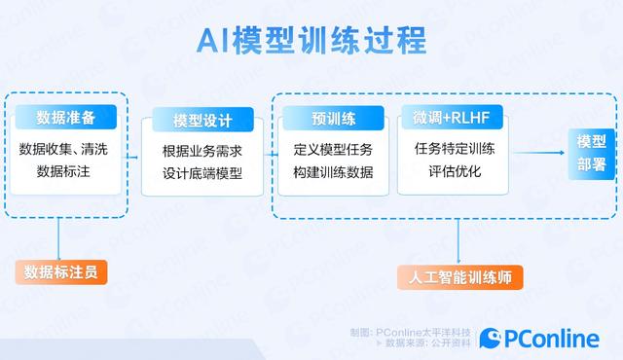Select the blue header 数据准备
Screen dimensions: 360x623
point(66,118)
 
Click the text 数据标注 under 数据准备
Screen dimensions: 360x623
point(67,172)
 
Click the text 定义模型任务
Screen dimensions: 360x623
point(333,151)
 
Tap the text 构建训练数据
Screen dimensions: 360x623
point(333,174)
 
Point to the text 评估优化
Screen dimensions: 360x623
point(454,172)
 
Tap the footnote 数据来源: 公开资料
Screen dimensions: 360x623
point(427,343)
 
